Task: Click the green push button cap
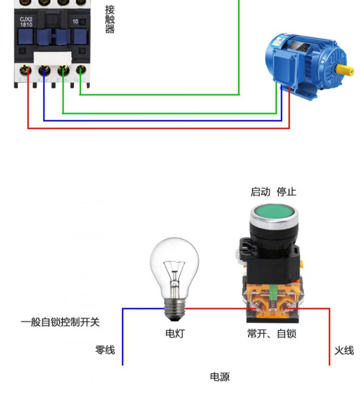point(273,212)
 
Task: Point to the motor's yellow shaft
point(344,70)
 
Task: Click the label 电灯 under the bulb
point(175,333)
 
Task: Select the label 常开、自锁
point(272,333)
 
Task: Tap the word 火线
point(344,351)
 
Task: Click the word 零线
point(105,350)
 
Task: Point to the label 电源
point(220,377)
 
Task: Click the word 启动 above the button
point(260,192)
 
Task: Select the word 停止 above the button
point(287,192)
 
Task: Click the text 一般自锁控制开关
point(60,322)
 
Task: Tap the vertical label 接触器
point(110,19)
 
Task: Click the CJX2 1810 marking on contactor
point(26,22)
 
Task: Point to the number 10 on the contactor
point(75,21)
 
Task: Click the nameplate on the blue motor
point(300,46)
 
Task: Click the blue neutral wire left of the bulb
point(123,335)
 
